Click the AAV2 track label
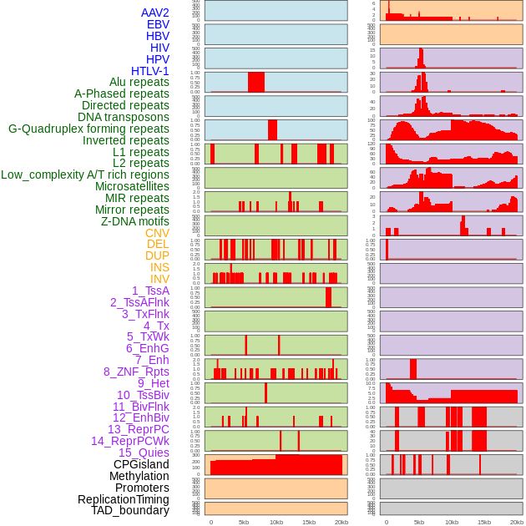154,13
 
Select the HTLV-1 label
149,71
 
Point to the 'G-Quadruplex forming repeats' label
89,129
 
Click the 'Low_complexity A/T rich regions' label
84,174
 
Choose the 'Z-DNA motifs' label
134,221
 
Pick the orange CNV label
157,233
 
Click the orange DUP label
157,255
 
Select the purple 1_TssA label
150,291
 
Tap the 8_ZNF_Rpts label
136,372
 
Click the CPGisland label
141,464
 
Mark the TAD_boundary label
130,510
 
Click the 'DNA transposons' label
124,117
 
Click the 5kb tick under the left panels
244,522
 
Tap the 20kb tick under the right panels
517,522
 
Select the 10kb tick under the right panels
452,522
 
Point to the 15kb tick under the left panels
309,522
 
